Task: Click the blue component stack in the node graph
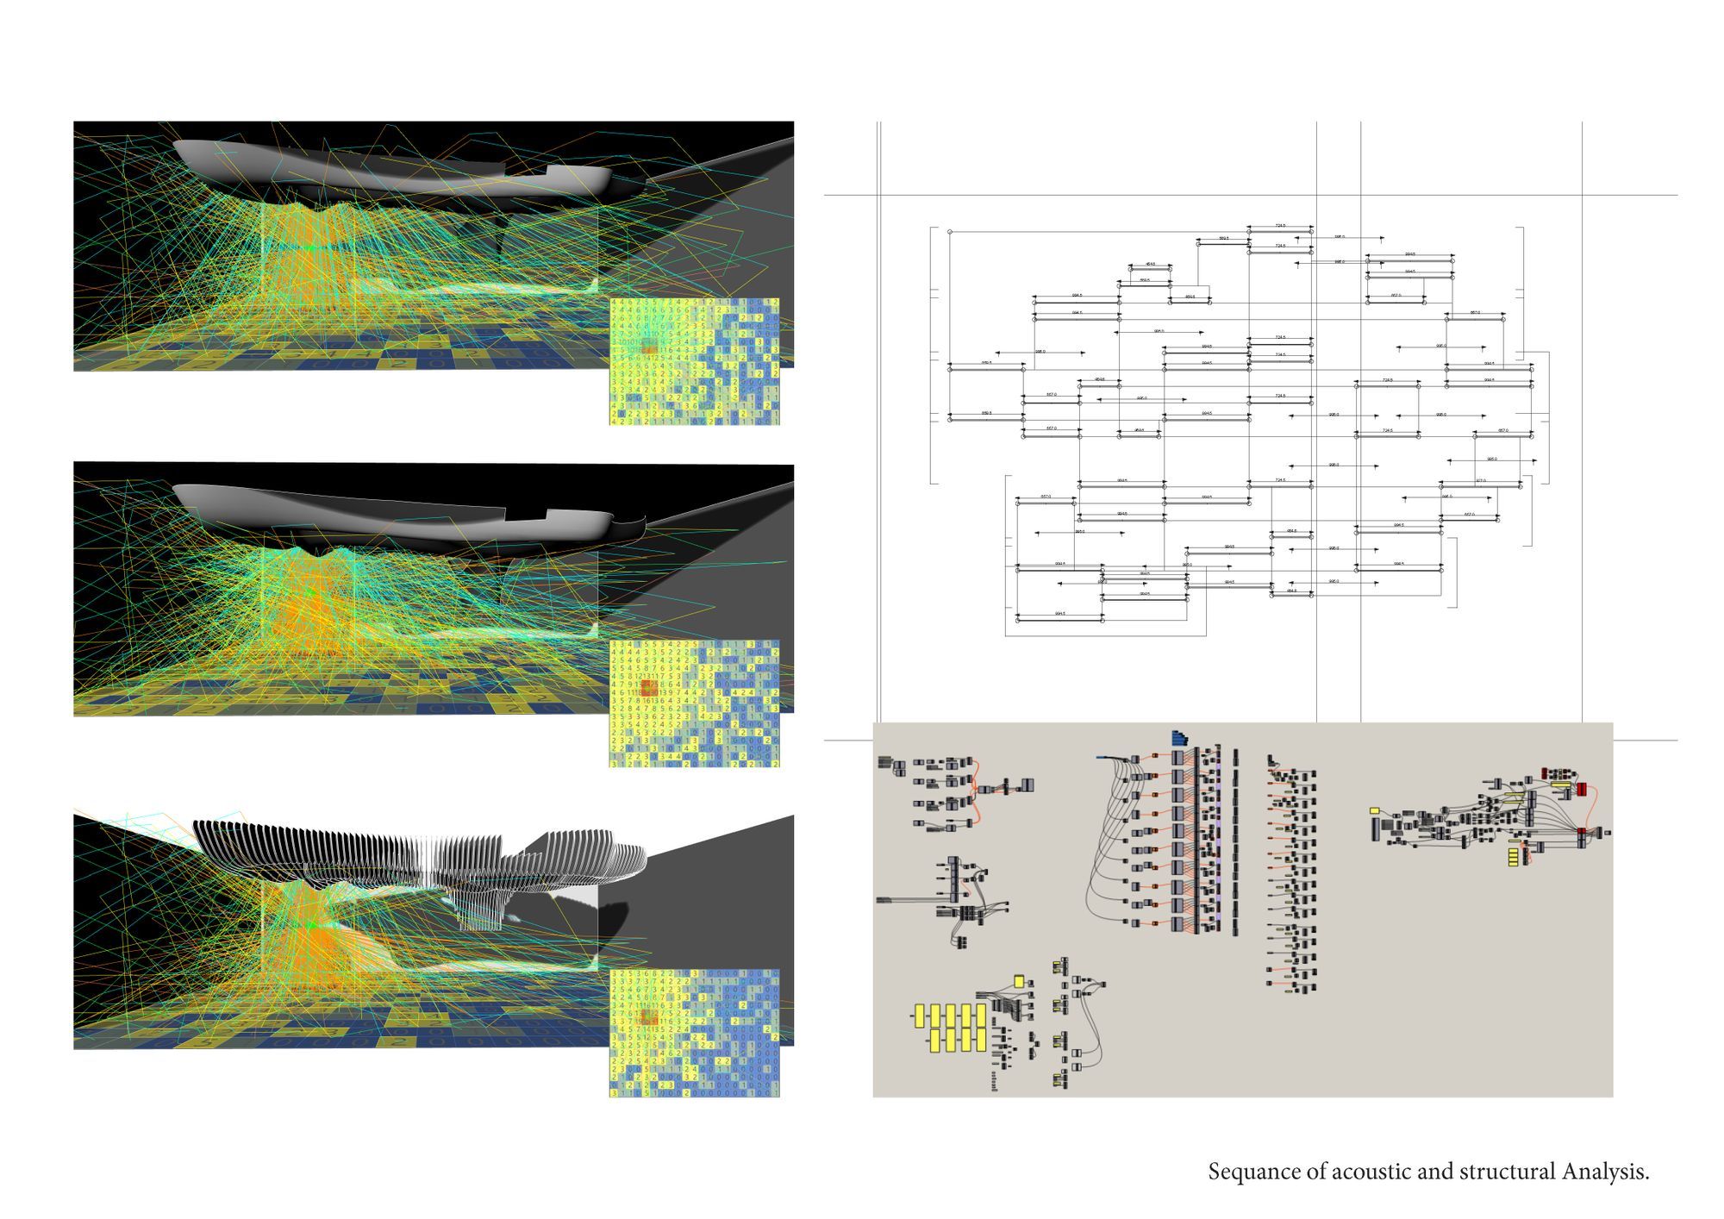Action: click(1180, 739)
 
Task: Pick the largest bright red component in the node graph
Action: click(1582, 790)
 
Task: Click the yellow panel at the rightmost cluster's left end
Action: click(1374, 810)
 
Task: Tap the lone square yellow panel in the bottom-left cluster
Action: click(1019, 981)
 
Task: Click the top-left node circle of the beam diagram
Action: click(949, 232)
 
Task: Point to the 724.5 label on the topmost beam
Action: click(1280, 226)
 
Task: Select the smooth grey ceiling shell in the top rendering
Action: click(388, 168)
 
